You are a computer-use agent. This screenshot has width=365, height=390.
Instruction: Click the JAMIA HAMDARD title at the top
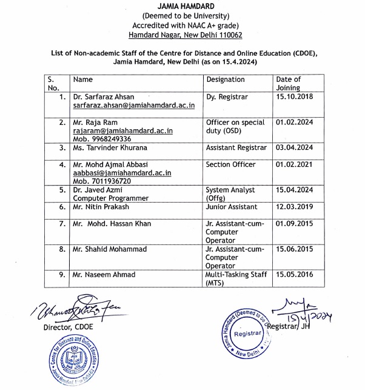click(x=182, y=5)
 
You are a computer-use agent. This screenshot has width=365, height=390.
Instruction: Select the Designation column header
click(x=226, y=79)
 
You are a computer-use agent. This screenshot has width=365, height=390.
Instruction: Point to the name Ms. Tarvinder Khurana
click(x=110, y=147)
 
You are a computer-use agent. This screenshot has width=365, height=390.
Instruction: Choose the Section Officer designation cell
click(x=231, y=164)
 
